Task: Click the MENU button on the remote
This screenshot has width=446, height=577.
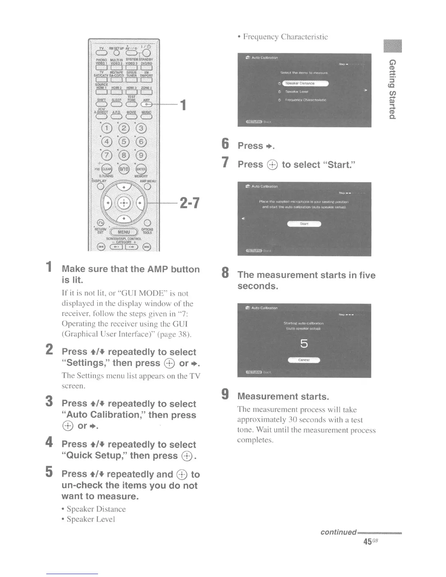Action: [124, 232]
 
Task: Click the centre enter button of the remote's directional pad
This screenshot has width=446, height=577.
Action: [124, 203]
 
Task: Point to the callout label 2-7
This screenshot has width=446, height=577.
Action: [189, 203]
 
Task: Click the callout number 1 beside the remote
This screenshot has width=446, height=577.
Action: [183, 105]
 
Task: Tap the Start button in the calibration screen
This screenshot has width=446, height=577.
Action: [304, 224]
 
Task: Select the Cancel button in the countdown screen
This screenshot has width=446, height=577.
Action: [304, 360]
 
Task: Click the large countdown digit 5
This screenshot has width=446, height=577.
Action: [304, 344]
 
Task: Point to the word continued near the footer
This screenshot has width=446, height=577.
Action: [338, 532]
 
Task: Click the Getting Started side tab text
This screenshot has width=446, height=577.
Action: [392, 89]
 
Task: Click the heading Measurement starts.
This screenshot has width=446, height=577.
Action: [283, 396]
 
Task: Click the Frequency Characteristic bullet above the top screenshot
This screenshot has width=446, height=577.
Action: [285, 37]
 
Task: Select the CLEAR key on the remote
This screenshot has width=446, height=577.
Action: [106, 169]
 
